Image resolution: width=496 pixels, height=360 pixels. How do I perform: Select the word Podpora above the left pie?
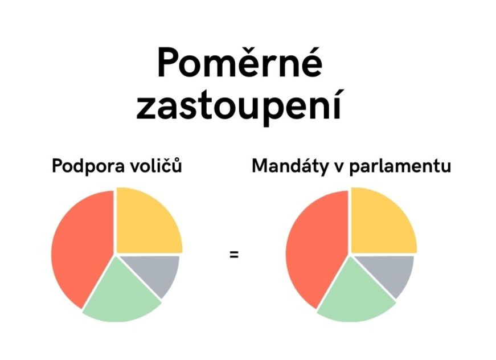(x=88, y=166)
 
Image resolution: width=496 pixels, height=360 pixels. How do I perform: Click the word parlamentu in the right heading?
(x=400, y=166)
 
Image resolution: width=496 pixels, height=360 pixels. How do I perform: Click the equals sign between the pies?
(x=234, y=254)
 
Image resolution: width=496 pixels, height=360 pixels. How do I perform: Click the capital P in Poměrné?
(x=169, y=63)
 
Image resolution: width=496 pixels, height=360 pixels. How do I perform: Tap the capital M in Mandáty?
(x=262, y=165)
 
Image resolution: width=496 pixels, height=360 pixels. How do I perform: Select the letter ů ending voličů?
(x=177, y=165)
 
